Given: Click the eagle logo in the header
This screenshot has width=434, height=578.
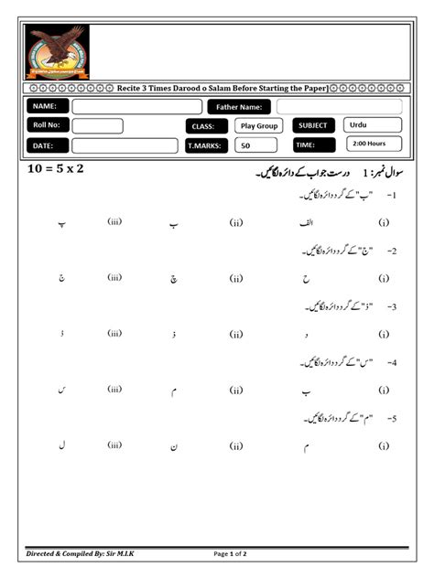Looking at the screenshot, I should tap(57, 52).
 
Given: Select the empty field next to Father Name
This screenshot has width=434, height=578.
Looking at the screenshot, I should tap(339, 107).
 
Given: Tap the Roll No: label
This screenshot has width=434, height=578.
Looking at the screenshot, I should tap(45, 126).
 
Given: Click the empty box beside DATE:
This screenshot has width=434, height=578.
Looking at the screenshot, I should tap(125, 145).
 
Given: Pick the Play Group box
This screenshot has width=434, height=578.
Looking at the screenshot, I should tap(259, 126).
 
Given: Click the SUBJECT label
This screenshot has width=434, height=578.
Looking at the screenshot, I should tap(313, 125).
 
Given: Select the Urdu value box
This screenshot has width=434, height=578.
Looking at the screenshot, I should tap(373, 124).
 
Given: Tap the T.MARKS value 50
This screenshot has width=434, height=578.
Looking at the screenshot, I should tap(244, 145).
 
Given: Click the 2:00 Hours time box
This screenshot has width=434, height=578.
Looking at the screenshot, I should tap(374, 144).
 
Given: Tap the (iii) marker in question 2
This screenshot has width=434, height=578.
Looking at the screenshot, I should tap(114, 276).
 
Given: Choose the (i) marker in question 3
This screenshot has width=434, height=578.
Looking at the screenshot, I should tap(384, 335).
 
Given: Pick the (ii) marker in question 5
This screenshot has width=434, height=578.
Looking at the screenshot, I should tap(236, 445).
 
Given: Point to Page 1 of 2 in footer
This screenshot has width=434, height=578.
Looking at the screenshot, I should tap(231, 554).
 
